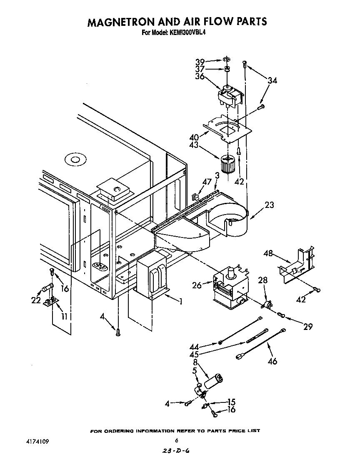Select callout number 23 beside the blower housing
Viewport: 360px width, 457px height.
pyautogui.click(x=270, y=205)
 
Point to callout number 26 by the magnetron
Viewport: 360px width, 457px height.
pyautogui.click(x=197, y=285)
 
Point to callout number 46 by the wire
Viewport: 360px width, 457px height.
pyautogui.click(x=272, y=361)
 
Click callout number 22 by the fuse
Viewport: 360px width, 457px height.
pyautogui.click(x=36, y=300)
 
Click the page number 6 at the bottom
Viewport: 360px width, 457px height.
pyautogui.click(x=177, y=440)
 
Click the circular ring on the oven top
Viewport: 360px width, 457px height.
pyautogui.click(x=75, y=160)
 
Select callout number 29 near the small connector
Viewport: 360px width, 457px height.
pyautogui.click(x=307, y=327)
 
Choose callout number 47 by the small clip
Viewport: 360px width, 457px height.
pyautogui.click(x=207, y=182)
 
